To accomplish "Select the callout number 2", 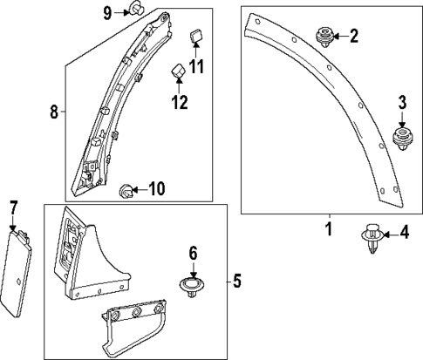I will [x=353, y=36].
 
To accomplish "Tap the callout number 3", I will [x=403, y=103].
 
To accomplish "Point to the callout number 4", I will [x=404, y=233].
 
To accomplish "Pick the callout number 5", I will [x=236, y=281].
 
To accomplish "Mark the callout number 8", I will [x=53, y=112].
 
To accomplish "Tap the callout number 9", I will [x=108, y=11].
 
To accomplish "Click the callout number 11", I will [x=196, y=66].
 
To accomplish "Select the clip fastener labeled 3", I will [x=403, y=138].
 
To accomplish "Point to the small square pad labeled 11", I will [x=195, y=36].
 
